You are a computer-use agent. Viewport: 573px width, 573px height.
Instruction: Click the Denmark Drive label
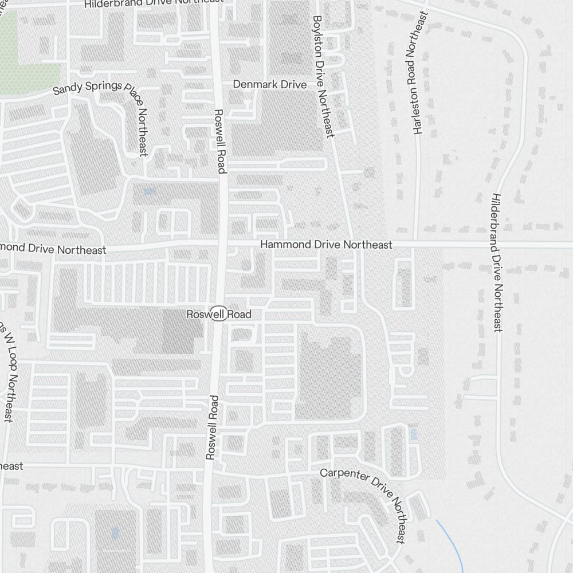tap(269, 84)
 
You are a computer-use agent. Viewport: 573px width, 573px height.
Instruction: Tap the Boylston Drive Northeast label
tap(322, 76)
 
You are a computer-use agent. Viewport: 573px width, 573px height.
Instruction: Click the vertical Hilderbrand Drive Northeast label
tap(496, 262)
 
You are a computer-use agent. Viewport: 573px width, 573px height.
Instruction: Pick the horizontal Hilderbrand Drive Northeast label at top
tap(154, 4)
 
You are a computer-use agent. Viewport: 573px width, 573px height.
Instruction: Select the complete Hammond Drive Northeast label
tap(326, 245)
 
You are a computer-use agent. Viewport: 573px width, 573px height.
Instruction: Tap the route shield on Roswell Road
tap(218, 314)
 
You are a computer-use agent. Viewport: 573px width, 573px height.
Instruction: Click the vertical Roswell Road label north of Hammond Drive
tap(219, 140)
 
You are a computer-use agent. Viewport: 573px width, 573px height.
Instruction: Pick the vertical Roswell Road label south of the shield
tap(212, 427)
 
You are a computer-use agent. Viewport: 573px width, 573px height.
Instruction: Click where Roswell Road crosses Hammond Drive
tap(222, 245)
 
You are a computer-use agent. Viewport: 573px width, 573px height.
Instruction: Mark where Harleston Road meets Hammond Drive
tap(417, 244)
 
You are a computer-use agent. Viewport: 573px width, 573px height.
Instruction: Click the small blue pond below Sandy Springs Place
tap(150, 192)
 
